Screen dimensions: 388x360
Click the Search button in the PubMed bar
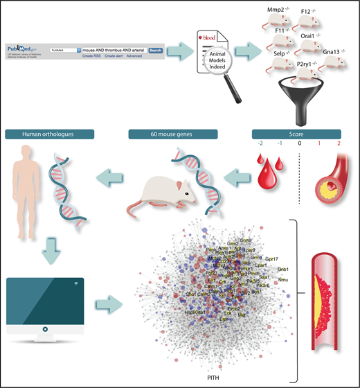click(155, 50)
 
